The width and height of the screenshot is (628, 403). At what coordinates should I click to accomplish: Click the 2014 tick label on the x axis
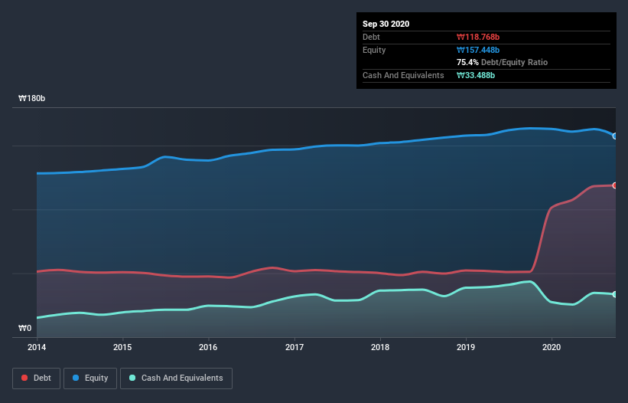(x=37, y=347)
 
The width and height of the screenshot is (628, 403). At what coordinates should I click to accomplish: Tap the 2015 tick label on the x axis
(x=122, y=347)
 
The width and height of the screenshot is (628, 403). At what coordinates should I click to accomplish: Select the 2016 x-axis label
(x=208, y=347)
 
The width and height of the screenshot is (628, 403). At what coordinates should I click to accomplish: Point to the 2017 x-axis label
(x=294, y=347)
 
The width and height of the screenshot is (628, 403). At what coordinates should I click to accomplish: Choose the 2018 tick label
(x=379, y=347)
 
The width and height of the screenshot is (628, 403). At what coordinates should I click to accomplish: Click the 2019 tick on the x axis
(x=465, y=347)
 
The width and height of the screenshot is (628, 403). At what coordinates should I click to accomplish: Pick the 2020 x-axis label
(x=551, y=347)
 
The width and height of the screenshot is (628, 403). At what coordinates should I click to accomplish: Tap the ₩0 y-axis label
(x=25, y=329)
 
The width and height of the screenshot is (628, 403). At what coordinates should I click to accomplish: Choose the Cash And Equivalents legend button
(x=176, y=378)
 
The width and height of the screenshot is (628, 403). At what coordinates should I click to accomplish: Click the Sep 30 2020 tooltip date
(x=386, y=24)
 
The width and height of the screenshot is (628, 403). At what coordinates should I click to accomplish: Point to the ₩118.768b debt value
(x=479, y=37)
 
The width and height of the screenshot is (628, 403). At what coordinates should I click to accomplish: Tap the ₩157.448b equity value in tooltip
(x=480, y=50)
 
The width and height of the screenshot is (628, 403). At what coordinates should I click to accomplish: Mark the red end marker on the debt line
(x=614, y=185)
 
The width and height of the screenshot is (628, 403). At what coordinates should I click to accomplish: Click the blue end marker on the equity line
(x=614, y=136)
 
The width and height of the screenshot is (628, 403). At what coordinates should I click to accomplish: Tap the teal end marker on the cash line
(x=614, y=294)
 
